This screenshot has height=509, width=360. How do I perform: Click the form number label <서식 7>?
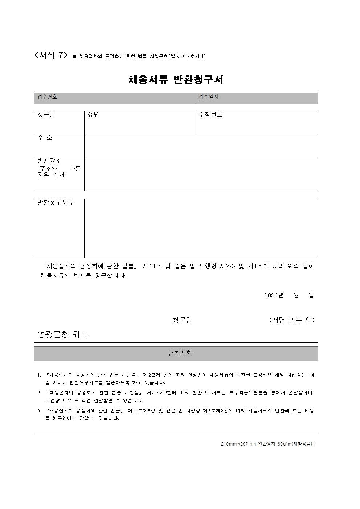[x=51, y=55]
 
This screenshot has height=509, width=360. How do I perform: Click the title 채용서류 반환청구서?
[x=176, y=80]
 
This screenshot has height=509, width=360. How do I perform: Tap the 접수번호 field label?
[x=47, y=97]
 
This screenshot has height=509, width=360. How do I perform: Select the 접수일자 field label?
[x=208, y=97]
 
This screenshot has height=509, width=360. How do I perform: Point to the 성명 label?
[x=93, y=115]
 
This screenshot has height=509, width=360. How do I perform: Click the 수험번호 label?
[x=210, y=115]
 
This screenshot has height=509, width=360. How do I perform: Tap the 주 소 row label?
[x=45, y=138]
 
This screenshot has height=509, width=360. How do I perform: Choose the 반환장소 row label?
[x=50, y=160]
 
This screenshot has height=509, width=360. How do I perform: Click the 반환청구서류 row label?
[x=56, y=202]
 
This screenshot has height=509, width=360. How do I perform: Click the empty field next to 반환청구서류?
[x=201, y=228]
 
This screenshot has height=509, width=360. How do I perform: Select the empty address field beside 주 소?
[x=201, y=145]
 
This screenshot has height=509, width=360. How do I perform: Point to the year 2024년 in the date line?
[x=274, y=295]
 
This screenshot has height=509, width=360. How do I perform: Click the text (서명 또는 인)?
[x=292, y=320]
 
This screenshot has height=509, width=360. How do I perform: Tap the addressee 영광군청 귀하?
[x=63, y=334]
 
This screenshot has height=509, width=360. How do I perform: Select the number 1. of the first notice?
[x=39, y=375]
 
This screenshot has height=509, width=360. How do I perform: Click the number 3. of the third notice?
[x=39, y=411]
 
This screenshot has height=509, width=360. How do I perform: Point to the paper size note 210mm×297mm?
[x=238, y=444]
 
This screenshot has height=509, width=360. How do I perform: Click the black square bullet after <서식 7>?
[x=74, y=57]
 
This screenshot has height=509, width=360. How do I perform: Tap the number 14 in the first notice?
[x=311, y=375]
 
